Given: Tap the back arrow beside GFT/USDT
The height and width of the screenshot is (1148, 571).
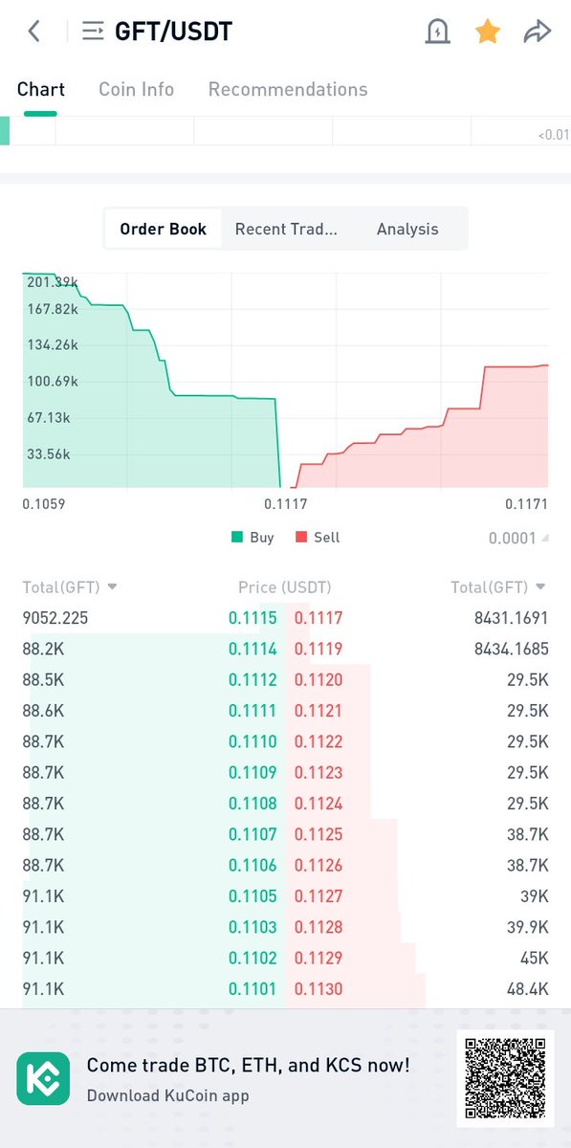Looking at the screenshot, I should point(34,32).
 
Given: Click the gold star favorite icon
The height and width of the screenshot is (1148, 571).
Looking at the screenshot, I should point(488,32).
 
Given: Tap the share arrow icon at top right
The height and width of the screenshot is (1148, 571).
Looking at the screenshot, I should point(538,32).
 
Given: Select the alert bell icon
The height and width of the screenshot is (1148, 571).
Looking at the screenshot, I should point(437,32).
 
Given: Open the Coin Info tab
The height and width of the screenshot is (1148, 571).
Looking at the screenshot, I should point(136,89).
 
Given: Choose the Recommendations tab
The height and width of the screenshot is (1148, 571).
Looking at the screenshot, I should point(288,89).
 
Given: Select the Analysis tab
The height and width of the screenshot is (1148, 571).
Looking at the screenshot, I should point(407,229).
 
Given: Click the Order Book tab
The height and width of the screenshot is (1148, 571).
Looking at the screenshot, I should point(163,229).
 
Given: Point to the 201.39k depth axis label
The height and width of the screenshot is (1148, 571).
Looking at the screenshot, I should point(53,282).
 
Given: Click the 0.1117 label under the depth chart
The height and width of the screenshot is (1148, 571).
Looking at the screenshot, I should point(285,503).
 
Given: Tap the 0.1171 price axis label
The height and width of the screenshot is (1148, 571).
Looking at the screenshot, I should point(526,503).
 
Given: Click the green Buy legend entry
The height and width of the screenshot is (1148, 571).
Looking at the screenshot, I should point(253,538).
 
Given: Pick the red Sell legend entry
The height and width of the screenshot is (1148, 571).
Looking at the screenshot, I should point(318,538).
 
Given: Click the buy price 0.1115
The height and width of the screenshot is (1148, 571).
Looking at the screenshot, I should point(253,618).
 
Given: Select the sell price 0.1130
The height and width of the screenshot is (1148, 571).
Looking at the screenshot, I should point(318,988).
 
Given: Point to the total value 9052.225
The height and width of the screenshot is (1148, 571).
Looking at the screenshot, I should point(55,618).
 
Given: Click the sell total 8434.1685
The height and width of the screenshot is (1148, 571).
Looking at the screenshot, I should point(511,649).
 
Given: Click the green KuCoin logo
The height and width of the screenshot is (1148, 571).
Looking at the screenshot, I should point(43,1078).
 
